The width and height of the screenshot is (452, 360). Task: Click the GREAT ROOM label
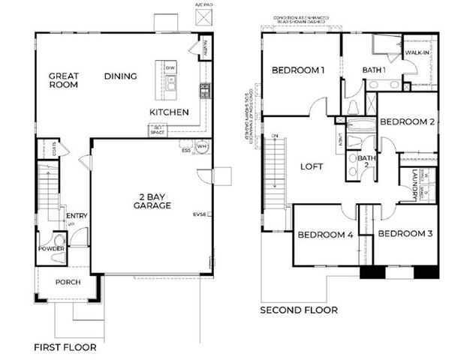click(x=65, y=81)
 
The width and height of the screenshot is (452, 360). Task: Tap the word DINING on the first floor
click(x=120, y=76)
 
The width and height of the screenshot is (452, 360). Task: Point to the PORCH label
click(x=68, y=282)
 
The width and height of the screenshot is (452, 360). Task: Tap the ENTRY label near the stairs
click(x=77, y=216)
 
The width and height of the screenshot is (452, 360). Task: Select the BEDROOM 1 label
click(x=297, y=70)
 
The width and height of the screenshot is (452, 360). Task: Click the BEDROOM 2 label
click(x=407, y=121)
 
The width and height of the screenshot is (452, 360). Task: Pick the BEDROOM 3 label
click(x=405, y=234)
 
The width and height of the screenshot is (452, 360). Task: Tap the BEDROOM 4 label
click(x=324, y=235)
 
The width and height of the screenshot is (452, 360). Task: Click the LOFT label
click(x=311, y=166)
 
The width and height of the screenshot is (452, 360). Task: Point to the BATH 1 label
click(x=374, y=70)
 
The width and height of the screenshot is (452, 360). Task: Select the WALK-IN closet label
click(x=417, y=54)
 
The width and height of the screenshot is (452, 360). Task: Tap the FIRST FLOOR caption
click(x=65, y=347)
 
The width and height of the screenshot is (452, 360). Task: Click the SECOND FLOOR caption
click(x=298, y=310)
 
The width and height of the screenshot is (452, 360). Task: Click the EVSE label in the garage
click(x=200, y=214)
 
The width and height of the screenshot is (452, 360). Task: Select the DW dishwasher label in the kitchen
click(x=170, y=67)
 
